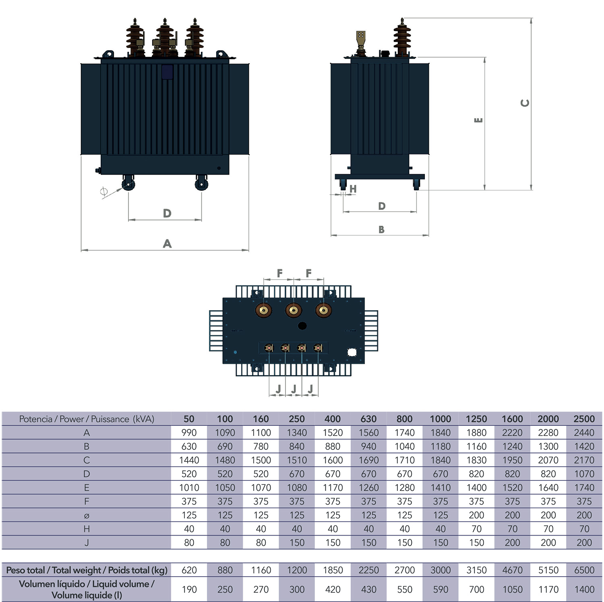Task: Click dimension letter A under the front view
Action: [167, 243]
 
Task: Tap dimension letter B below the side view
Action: [381, 229]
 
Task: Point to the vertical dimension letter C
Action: [525, 103]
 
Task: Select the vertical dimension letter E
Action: [478, 120]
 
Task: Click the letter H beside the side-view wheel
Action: [353, 189]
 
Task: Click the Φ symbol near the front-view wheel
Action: [104, 192]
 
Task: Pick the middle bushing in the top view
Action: [294, 310]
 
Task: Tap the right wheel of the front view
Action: [201, 184]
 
